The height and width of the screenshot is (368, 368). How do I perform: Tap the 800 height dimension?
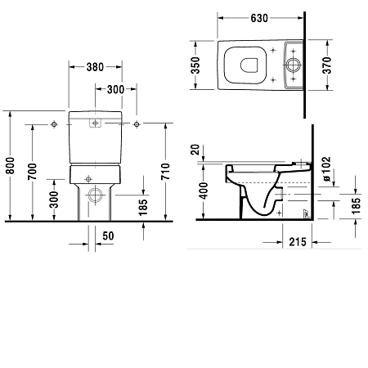point(11,166)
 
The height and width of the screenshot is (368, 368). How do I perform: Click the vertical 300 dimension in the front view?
point(54,200)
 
